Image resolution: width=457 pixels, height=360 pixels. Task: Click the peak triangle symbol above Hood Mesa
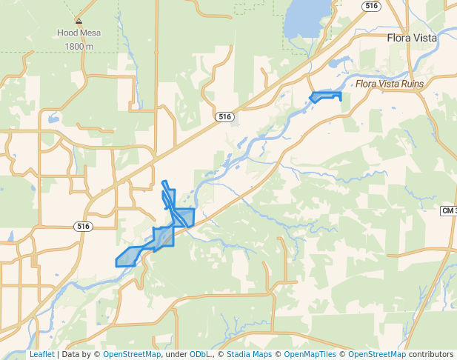(x=79, y=21)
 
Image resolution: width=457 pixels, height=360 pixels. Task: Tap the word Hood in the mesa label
(x=67, y=33)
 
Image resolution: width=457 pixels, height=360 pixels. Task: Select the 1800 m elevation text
(x=79, y=46)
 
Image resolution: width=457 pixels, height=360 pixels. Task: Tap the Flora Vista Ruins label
(x=390, y=84)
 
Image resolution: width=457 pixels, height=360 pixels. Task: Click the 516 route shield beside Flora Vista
(x=371, y=5)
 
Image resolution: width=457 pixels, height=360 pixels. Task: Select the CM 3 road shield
(x=449, y=211)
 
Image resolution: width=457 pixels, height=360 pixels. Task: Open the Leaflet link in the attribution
(x=41, y=354)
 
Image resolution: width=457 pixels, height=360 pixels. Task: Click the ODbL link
(x=200, y=354)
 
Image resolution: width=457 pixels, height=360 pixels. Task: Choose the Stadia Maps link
(x=248, y=354)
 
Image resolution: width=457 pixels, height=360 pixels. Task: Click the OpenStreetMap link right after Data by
(x=132, y=354)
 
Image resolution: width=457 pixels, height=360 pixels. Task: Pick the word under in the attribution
(x=176, y=354)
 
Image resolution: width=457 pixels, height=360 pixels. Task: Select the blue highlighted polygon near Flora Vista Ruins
(x=324, y=96)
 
